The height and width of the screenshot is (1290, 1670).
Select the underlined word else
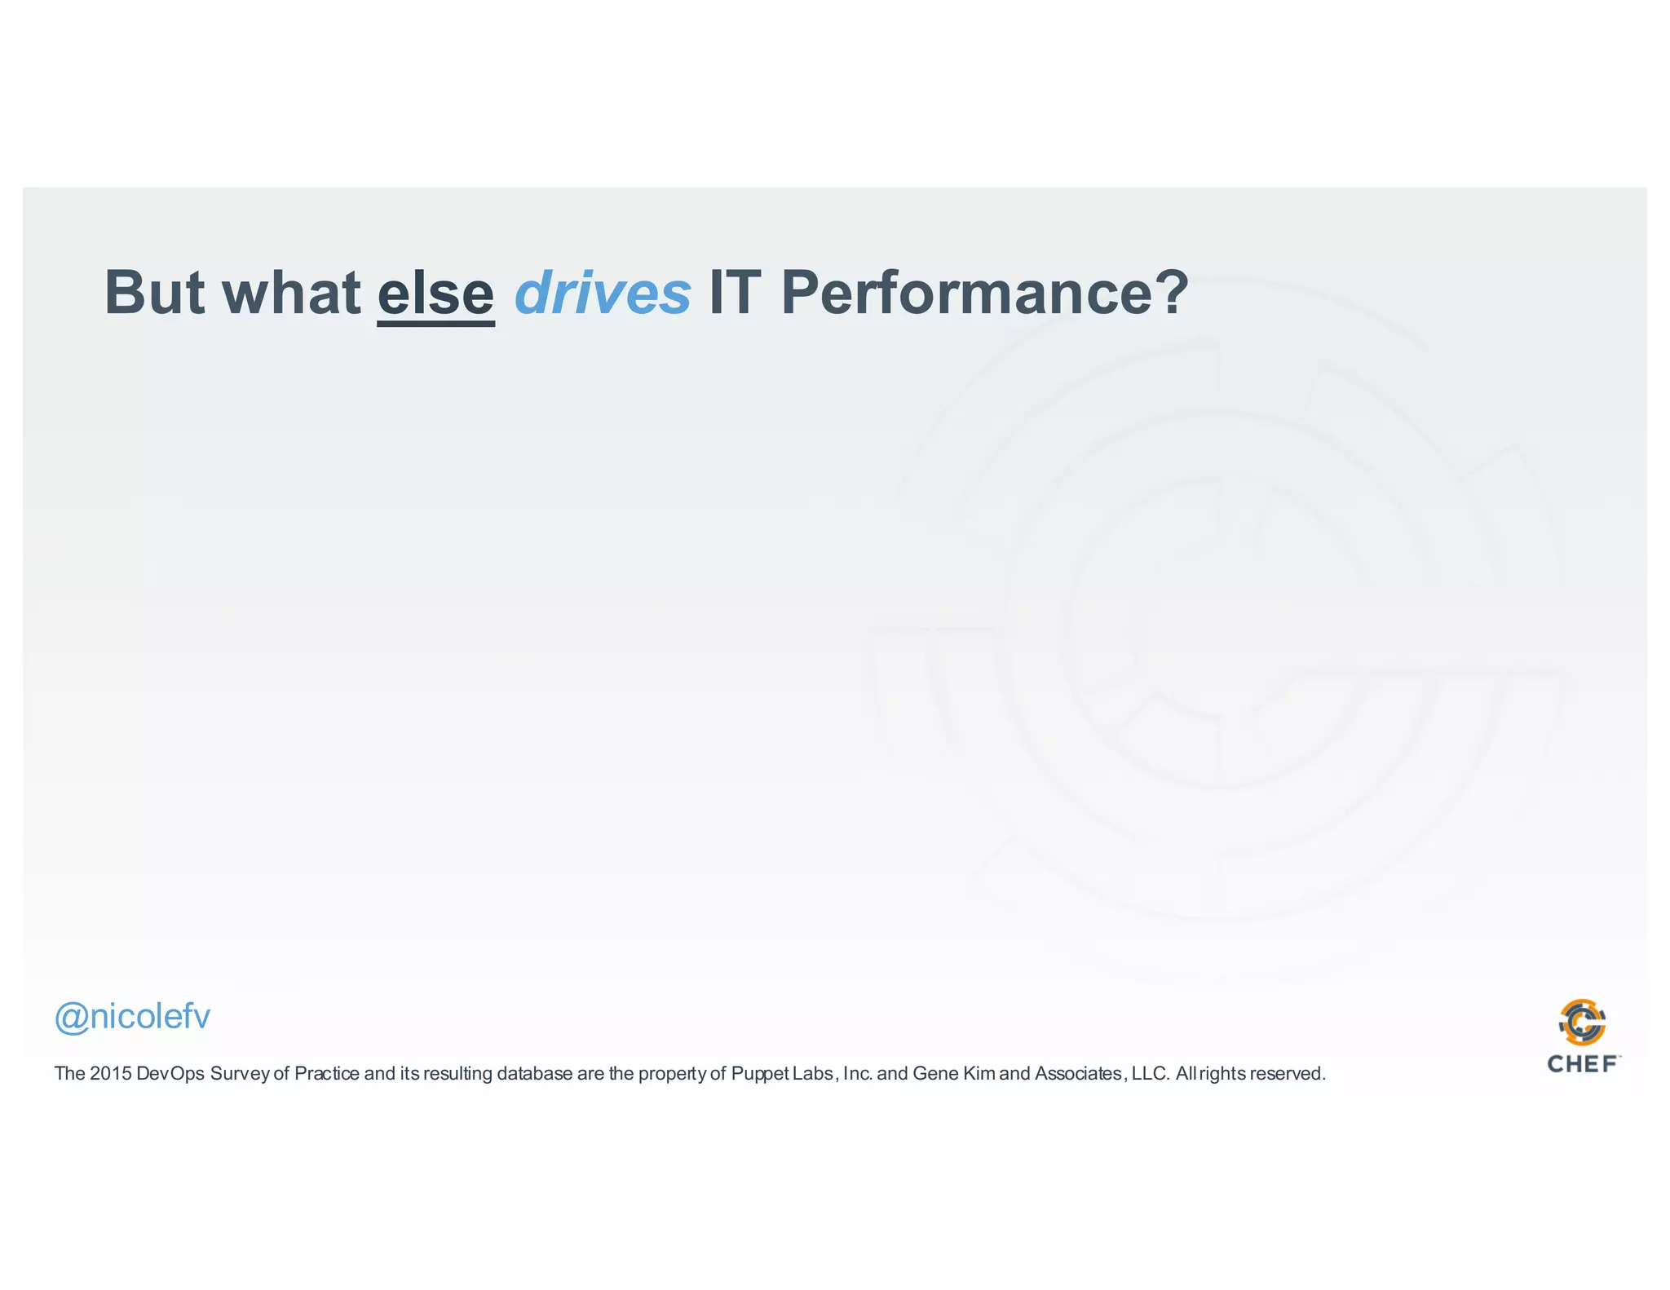coord(435,294)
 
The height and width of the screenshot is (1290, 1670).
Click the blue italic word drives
coord(603,294)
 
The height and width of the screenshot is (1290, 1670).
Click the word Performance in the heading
coord(966,294)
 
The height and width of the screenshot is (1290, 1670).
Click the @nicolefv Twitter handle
coord(132,1017)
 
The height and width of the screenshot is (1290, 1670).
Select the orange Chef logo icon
coord(1583,1023)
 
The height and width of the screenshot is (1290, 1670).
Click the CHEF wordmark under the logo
coord(1583,1064)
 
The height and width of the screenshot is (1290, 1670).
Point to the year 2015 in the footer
coord(111,1074)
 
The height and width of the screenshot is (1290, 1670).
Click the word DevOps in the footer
coord(170,1074)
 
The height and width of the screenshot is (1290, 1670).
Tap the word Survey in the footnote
coord(239,1074)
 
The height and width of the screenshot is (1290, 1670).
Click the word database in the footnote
coord(534,1074)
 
